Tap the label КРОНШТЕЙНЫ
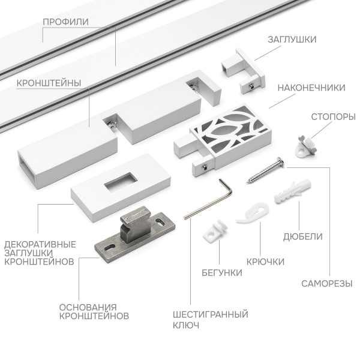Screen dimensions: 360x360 50,83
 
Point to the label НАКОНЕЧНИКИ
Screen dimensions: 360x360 311,88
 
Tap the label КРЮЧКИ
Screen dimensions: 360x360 265,262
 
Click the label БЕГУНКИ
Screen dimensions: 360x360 222,272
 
